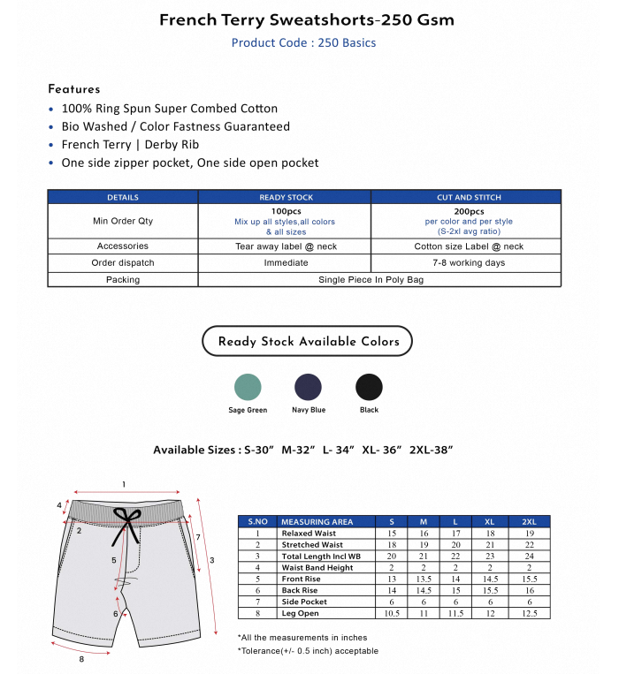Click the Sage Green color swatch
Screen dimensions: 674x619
coord(248,387)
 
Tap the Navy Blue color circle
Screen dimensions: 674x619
coord(308,387)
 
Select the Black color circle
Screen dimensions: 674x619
coord(369,387)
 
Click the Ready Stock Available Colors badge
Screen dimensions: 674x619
coord(308,342)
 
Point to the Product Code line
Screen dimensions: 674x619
coord(303,42)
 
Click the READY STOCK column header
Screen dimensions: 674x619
coord(286,197)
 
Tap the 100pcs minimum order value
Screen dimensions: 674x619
coord(286,212)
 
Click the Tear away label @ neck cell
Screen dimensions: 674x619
coord(286,246)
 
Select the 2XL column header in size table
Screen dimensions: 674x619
coord(529,522)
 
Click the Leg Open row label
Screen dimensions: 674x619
coord(301,613)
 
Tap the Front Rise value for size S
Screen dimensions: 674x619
coord(392,579)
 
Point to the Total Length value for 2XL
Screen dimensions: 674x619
coord(529,556)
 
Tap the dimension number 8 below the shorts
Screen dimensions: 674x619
coord(81,659)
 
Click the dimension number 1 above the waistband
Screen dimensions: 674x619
coord(124,484)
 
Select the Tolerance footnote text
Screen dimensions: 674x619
coord(308,651)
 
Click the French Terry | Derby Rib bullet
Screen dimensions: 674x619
coord(130,145)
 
